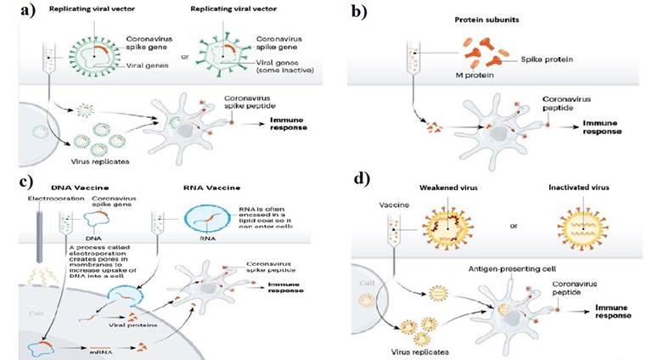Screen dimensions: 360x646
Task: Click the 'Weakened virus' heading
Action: (447, 188)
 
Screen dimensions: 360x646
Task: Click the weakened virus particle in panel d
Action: (445, 224)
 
